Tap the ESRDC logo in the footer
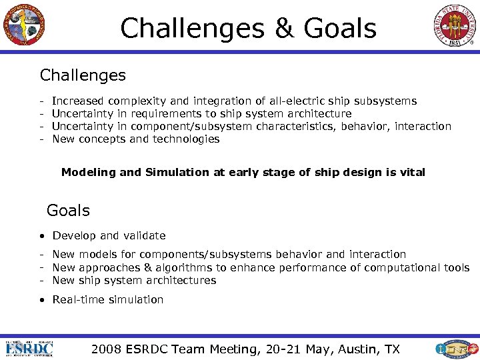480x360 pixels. (x=30, y=348)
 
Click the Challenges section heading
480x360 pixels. (x=83, y=75)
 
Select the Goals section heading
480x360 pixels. (x=68, y=211)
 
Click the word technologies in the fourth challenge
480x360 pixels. (x=185, y=139)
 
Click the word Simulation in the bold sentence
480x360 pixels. (x=177, y=172)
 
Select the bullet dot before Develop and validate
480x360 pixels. (x=42, y=236)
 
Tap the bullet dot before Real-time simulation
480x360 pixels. (x=42, y=300)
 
